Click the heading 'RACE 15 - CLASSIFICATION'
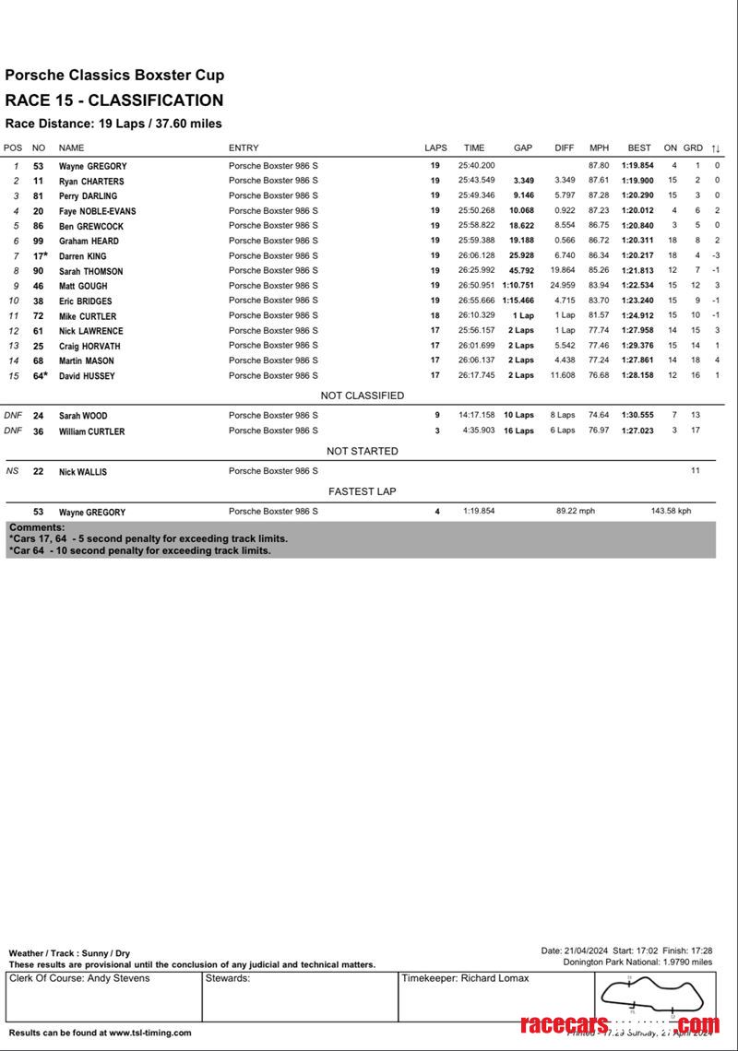[x=114, y=100]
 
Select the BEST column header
[x=639, y=148]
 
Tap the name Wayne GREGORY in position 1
[x=92, y=166]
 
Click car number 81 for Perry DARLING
[x=39, y=195]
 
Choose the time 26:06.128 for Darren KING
[x=476, y=255]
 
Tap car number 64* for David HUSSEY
[x=40, y=375]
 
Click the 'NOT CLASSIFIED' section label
[x=362, y=396]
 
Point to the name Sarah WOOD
[x=83, y=416]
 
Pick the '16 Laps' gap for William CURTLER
[x=518, y=431]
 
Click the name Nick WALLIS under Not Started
[x=83, y=471]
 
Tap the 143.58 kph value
[x=671, y=511]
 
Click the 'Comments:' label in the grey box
[x=37, y=527]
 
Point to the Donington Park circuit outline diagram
[x=654, y=994]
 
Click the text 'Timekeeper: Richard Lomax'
[x=465, y=978]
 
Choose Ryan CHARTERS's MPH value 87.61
[x=599, y=181]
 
